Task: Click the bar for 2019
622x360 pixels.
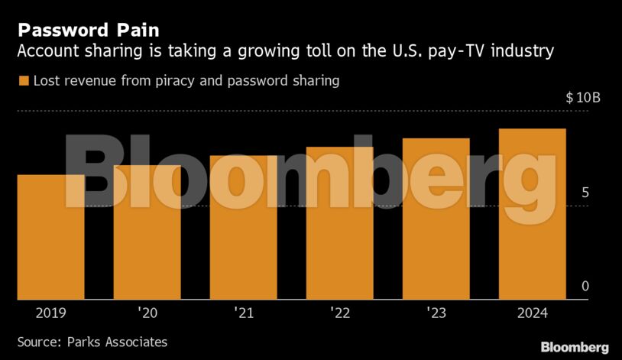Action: tap(51, 237)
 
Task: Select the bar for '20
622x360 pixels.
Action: tap(147, 232)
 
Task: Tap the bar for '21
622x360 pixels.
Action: tap(244, 228)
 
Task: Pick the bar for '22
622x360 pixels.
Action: tap(340, 223)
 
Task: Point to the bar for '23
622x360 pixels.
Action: tap(436, 219)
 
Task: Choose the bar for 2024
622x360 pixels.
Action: tap(533, 214)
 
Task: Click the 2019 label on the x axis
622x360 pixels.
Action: tap(51, 313)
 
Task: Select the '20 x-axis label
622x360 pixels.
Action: tap(147, 313)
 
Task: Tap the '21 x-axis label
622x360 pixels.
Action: tap(244, 313)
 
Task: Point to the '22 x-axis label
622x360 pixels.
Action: tap(340, 313)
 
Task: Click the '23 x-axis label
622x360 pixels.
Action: tap(436, 313)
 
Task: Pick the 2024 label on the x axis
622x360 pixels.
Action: tap(533, 313)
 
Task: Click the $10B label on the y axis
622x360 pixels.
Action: tap(583, 99)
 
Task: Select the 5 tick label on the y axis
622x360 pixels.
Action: tap(585, 193)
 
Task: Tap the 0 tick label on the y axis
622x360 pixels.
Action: tap(585, 287)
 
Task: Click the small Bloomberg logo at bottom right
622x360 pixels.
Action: tap(575, 347)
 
